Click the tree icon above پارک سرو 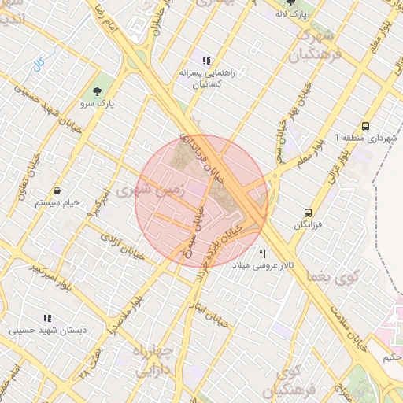[x=97, y=91]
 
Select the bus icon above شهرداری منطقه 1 [x=365, y=126]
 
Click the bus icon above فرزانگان [x=308, y=213]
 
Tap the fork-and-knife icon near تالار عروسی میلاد [x=263, y=254]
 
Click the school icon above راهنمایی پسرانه [x=206, y=61]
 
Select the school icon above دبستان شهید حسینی [x=47, y=319]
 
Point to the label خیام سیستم [x=57, y=203]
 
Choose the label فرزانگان [x=308, y=225]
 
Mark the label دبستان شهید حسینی [x=43, y=331]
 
